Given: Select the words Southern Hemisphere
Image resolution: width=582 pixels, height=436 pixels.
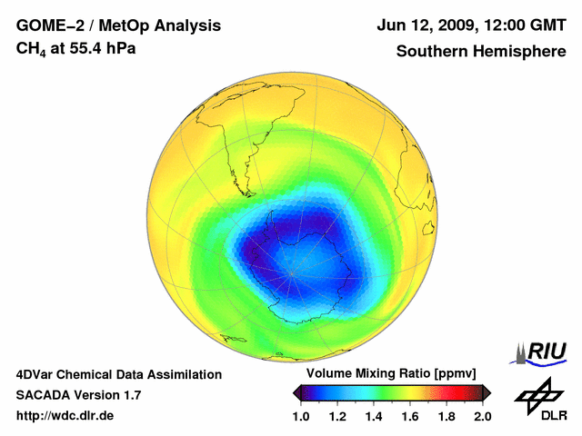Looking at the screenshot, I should tap(481, 51).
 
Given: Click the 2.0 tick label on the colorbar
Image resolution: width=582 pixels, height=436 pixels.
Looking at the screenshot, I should tap(483, 417).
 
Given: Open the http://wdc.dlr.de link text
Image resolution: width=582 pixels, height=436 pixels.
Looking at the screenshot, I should tap(65, 416).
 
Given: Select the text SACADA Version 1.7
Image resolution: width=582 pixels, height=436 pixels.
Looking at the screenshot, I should tap(78, 395).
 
